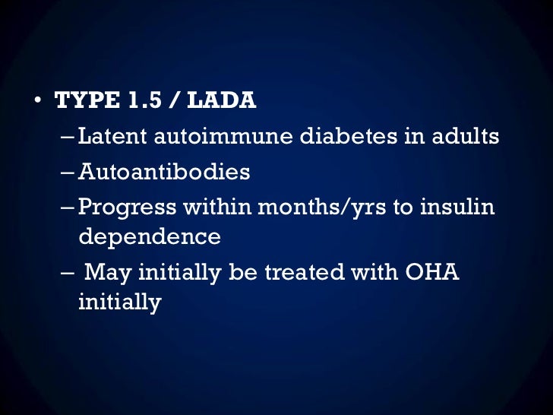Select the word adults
tap(464, 137)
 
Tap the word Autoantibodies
tap(164, 172)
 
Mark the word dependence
tap(150, 236)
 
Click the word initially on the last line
tap(120, 302)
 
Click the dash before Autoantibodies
tap(68, 173)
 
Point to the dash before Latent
tap(68, 138)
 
